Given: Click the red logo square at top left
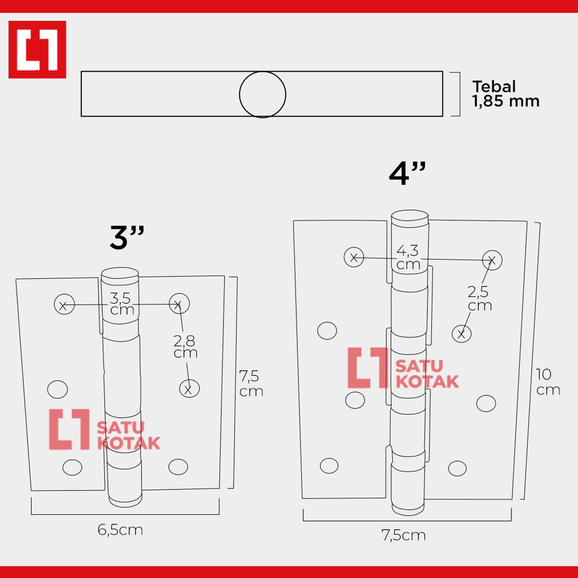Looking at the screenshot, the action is click(37, 50).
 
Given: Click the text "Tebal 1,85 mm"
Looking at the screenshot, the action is click(506, 94).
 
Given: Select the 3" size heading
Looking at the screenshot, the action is click(127, 238).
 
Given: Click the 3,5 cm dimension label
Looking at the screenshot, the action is click(122, 304).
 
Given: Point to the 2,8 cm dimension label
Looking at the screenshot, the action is click(185, 347).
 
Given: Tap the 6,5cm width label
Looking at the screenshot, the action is click(120, 530).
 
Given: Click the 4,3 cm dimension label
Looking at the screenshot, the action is click(408, 257).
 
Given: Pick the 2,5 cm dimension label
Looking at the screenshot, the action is click(480, 299).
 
